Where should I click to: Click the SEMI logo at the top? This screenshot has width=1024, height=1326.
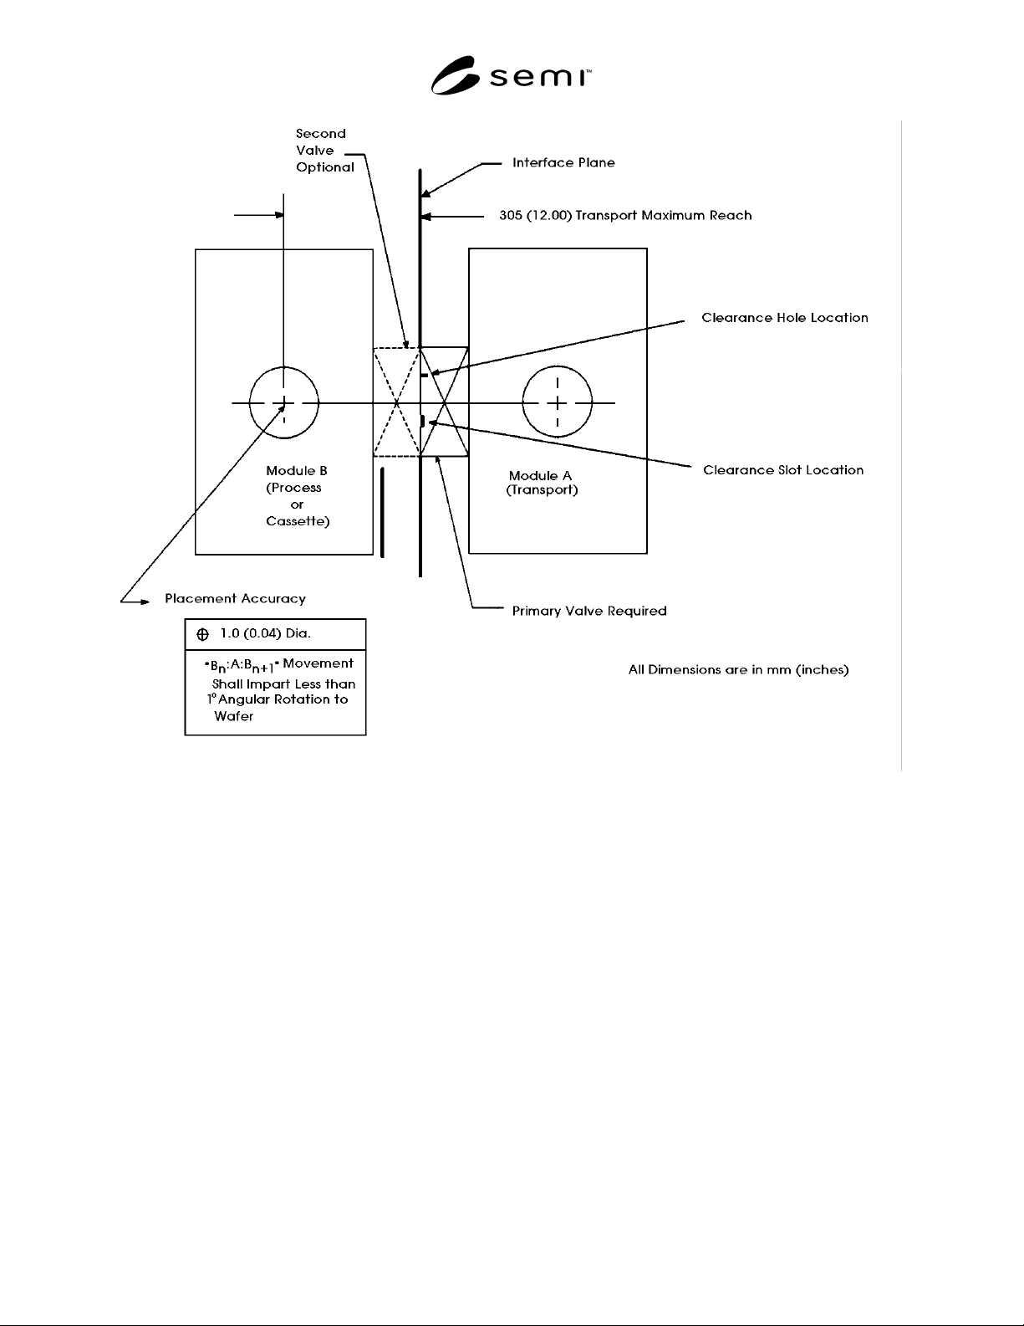point(511,75)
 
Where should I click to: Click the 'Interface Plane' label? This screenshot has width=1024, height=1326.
point(563,163)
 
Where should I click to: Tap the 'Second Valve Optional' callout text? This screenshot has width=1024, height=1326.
point(324,150)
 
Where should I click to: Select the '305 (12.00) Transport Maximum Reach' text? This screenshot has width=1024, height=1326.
point(625,215)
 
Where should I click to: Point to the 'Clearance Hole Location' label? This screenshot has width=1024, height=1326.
point(784,317)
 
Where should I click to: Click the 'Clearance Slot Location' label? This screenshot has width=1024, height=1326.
point(783,470)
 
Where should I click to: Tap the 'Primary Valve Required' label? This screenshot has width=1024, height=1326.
point(588,611)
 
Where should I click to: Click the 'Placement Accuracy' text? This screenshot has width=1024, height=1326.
point(235,599)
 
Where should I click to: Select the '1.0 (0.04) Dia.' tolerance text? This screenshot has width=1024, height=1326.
point(265,633)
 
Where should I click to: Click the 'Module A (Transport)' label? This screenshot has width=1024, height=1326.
point(542,482)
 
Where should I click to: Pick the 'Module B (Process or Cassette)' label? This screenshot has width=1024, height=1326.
point(297,495)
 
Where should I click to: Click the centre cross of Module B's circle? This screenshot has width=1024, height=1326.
point(283,402)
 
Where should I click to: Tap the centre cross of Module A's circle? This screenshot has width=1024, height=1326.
point(557,402)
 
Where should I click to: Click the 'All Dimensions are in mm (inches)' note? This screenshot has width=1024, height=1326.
point(738,669)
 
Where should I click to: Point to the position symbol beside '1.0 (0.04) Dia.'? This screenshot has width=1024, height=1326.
point(203,635)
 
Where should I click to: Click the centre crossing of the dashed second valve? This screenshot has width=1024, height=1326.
point(396,402)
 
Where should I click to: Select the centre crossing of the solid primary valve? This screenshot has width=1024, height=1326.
point(444,402)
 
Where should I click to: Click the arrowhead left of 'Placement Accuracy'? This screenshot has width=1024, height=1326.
point(145,602)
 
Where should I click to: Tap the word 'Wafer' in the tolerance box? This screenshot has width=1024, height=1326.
point(233,716)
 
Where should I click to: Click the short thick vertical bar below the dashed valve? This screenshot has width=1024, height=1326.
point(382,513)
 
